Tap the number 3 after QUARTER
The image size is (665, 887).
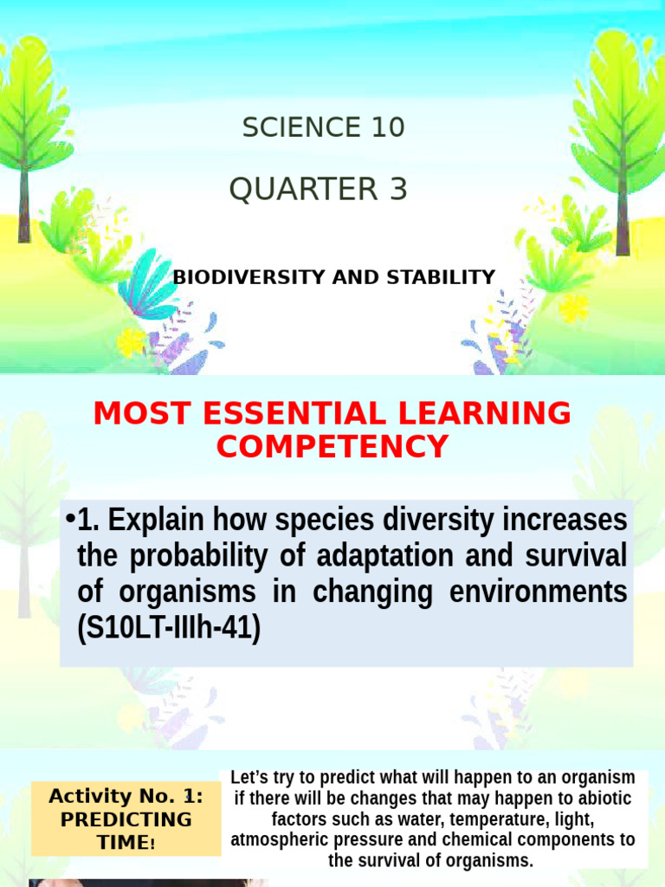tap(397, 189)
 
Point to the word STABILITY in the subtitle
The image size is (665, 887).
tap(444, 277)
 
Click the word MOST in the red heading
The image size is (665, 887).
tap(134, 413)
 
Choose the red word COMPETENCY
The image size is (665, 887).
tap(332, 447)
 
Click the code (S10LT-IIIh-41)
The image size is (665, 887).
tap(169, 629)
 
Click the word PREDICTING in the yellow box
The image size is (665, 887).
tap(126, 819)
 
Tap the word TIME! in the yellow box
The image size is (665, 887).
tap(126, 840)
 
